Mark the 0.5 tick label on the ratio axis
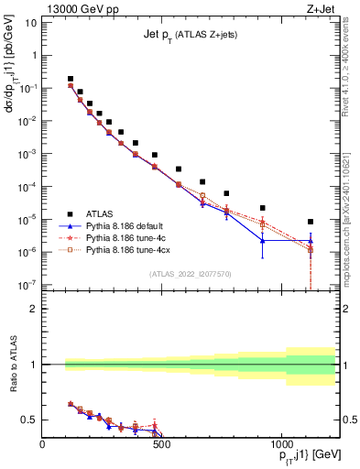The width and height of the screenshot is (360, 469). (x=29, y=420)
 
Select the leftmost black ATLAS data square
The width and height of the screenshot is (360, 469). (x=71, y=79)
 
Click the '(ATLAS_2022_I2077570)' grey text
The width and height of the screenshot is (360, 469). (x=190, y=273)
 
